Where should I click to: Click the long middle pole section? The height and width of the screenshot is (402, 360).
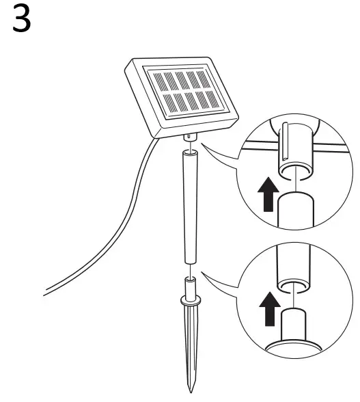tap(189, 205)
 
